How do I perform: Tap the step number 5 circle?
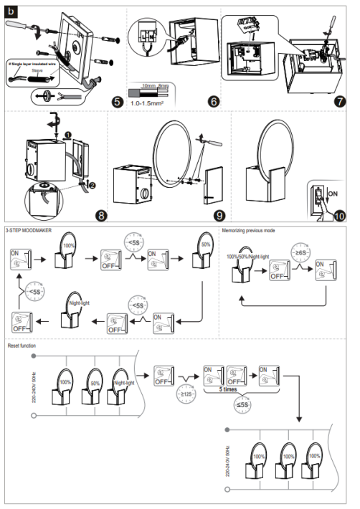117,101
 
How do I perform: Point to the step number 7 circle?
339,101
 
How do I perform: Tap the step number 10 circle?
339,214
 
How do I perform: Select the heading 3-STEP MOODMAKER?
28,231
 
